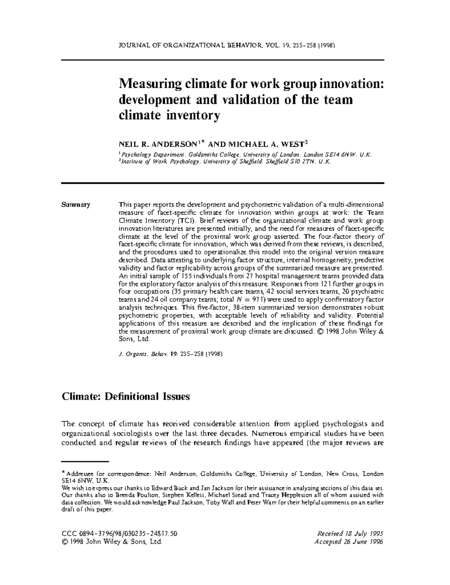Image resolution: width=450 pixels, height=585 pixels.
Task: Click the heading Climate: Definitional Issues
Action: click(125, 396)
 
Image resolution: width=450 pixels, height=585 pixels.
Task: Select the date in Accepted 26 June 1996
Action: click(364, 542)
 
